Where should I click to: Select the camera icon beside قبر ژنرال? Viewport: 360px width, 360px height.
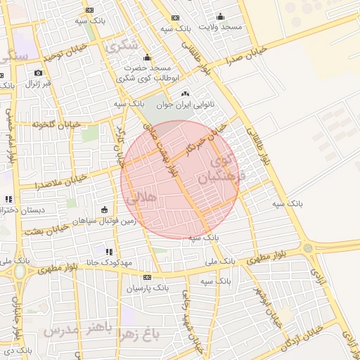[x=38, y=72]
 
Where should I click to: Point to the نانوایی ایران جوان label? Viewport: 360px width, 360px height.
[x=189, y=104]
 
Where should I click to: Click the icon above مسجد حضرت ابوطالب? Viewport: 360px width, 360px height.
[x=146, y=58]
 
